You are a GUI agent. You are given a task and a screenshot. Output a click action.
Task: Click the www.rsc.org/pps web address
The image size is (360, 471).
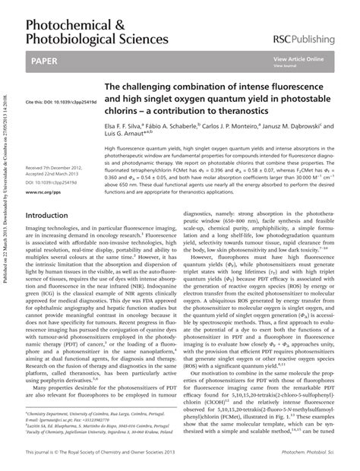[42, 193]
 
